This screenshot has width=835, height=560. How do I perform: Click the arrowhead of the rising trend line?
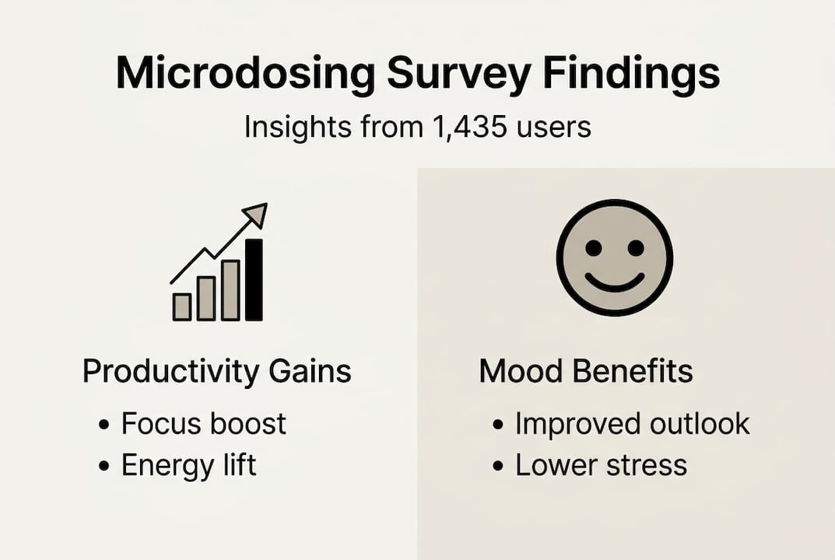[x=255, y=214]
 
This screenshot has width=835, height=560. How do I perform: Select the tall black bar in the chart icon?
[x=254, y=279]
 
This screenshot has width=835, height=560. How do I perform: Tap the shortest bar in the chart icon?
[x=182, y=306]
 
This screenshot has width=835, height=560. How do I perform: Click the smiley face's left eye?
[x=594, y=248]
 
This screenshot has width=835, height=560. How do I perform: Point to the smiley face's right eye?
[x=636, y=248]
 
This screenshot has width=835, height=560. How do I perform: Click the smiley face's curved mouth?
[x=615, y=282]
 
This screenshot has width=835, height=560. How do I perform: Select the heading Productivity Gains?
[x=217, y=372]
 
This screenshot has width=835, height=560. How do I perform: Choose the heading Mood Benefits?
[x=586, y=372]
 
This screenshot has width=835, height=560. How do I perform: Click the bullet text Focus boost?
[x=204, y=424]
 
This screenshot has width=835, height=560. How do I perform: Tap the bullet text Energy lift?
[x=189, y=465]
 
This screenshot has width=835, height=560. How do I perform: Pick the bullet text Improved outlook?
[x=633, y=424]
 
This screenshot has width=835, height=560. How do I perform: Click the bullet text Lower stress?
[x=602, y=465]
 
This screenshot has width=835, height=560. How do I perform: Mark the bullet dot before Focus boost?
[x=104, y=425]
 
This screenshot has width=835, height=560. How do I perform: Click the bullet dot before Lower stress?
[x=499, y=467]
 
